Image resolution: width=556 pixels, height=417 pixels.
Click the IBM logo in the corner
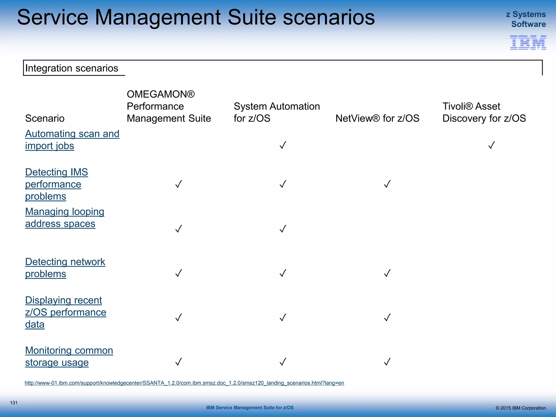(x=528, y=43)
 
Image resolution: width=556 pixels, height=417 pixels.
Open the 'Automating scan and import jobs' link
(x=72, y=140)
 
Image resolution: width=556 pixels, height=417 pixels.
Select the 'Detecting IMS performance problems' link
(x=56, y=184)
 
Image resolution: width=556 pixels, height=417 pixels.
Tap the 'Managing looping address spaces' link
(x=65, y=217)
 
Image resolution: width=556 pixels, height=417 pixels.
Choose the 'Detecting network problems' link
(x=65, y=268)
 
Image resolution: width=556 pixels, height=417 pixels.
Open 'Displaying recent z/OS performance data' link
(x=65, y=312)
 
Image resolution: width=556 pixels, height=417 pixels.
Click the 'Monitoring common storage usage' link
(x=69, y=356)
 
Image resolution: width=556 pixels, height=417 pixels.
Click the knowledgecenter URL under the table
(x=184, y=383)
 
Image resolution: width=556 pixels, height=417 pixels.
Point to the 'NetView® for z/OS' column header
(x=377, y=118)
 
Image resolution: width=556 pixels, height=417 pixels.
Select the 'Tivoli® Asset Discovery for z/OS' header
(x=484, y=112)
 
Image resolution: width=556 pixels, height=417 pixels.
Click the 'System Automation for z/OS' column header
(x=277, y=112)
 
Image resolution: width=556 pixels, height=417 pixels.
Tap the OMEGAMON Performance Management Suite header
(x=169, y=106)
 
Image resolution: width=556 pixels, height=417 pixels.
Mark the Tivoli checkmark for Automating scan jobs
(x=491, y=145)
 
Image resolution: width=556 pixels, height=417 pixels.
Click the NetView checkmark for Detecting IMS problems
(x=387, y=184)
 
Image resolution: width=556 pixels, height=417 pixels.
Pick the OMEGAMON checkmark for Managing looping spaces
(x=178, y=229)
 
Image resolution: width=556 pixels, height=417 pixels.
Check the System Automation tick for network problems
(x=283, y=273)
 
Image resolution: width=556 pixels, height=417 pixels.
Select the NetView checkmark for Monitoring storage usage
(x=387, y=362)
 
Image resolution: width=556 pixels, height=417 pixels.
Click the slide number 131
(x=14, y=403)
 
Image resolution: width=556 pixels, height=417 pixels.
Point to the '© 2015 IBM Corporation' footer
(x=520, y=408)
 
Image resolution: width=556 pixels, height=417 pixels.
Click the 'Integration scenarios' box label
(x=72, y=68)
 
